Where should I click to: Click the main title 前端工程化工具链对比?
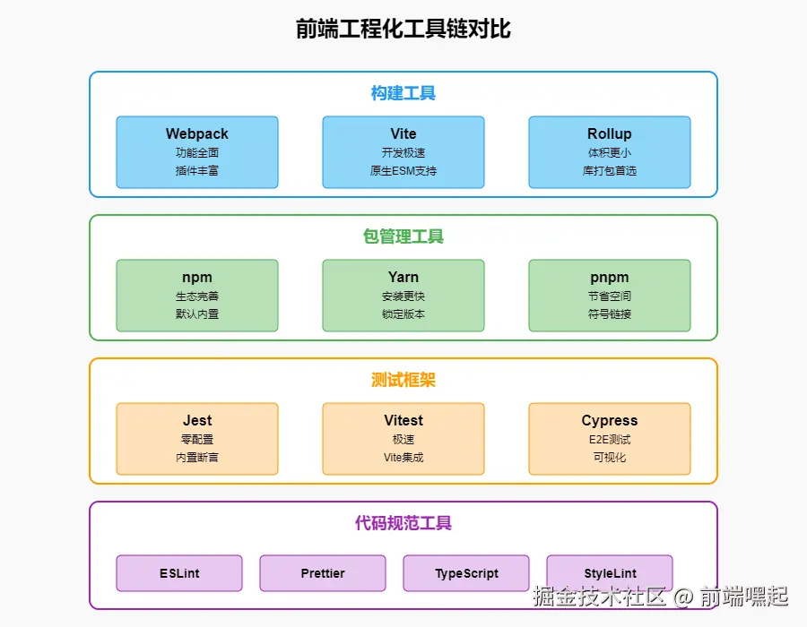[x=403, y=29]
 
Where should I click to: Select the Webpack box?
[x=197, y=151]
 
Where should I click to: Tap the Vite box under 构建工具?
[x=403, y=151]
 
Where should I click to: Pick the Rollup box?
[x=610, y=151]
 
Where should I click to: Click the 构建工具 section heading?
[x=403, y=93]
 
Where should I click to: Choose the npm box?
[x=197, y=295]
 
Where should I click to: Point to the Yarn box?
[x=403, y=295]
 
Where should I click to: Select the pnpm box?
[x=610, y=295]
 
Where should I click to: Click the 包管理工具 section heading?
[x=403, y=236]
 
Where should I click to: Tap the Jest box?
[x=197, y=438]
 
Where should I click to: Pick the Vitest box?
[x=403, y=438]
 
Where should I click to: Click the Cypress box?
[x=610, y=438]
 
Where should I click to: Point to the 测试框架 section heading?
[x=403, y=380]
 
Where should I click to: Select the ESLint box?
[x=179, y=573]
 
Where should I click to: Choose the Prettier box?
[x=323, y=573]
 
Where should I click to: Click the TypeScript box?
[x=466, y=573]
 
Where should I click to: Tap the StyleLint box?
[x=610, y=573]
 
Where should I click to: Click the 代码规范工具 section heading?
[x=403, y=523]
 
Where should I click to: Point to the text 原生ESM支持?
[x=403, y=170]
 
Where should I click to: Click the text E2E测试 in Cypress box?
[x=610, y=439]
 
